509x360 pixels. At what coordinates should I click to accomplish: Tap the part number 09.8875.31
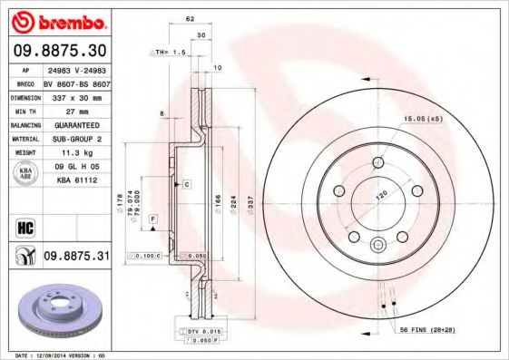coord(76,257)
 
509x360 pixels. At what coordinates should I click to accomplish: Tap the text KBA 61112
coord(73,180)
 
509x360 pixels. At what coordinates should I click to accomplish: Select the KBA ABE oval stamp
coord(24,173)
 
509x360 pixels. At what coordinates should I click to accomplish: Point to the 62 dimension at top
coord(190,18)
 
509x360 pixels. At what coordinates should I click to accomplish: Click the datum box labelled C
coord(186,184)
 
